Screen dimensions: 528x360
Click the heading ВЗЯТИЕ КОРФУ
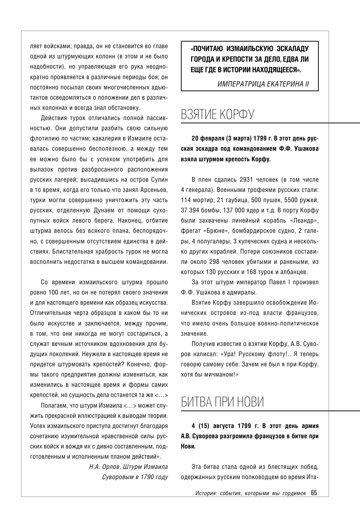click(217, 114)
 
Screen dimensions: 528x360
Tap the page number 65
click(314, 493)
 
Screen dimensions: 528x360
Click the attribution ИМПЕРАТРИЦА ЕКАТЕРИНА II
click(263, 84)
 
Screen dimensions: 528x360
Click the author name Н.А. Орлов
click(105, 467)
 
